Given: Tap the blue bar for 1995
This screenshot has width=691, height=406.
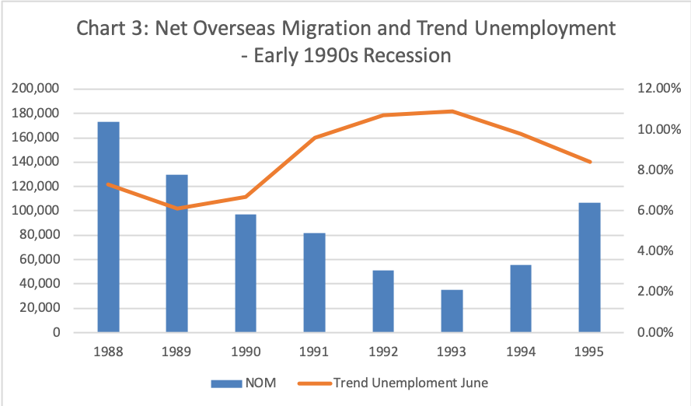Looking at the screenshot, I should click(x=589, y=268).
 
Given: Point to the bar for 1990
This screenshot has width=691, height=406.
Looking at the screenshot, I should click(x=246, y=273).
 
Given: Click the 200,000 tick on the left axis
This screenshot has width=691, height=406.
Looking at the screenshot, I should click(x=37, y=89).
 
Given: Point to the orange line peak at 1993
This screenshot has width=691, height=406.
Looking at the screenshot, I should click(x=452, y=111).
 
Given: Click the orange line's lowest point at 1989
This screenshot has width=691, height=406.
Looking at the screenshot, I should click(x=177, y=208).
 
